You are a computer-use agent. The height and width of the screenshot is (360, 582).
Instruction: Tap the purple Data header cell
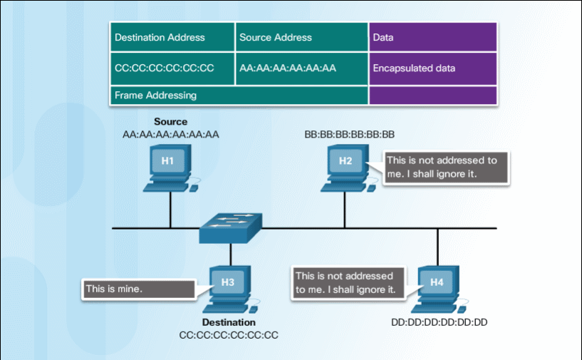(x=432, y=37)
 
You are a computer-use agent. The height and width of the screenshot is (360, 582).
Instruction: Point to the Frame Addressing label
(x=156, y=95)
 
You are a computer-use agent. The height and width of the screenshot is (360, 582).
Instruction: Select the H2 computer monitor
(x=345, y=161)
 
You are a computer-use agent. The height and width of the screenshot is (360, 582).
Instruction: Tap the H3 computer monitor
(x=228, y=282)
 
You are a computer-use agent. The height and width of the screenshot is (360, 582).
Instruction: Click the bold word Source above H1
(x=170, y=122)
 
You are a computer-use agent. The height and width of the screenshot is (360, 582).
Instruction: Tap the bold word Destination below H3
(x=228, y=322)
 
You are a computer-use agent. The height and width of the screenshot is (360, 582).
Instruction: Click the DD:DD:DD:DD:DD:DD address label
(x=439, y=322)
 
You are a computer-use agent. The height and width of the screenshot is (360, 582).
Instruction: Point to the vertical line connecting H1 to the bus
(x=170, y=210)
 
